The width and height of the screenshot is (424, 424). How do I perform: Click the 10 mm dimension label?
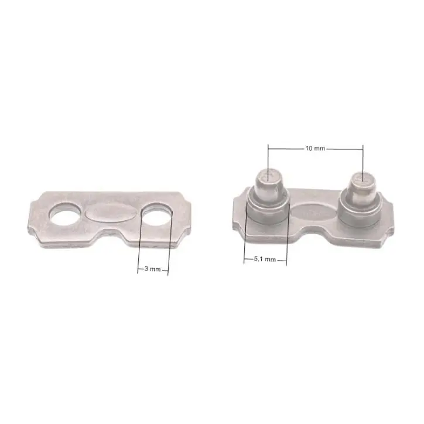(315, 148)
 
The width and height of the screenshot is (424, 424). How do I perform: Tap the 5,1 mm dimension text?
(265, 259)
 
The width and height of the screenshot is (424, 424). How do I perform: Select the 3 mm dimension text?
(152, 269)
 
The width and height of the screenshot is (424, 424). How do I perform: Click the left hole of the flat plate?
(64, 214)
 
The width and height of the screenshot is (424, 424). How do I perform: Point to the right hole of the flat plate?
(157, 214)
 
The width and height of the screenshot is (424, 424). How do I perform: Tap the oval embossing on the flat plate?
(110, 212)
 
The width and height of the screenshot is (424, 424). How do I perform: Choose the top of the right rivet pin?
(363, 179)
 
